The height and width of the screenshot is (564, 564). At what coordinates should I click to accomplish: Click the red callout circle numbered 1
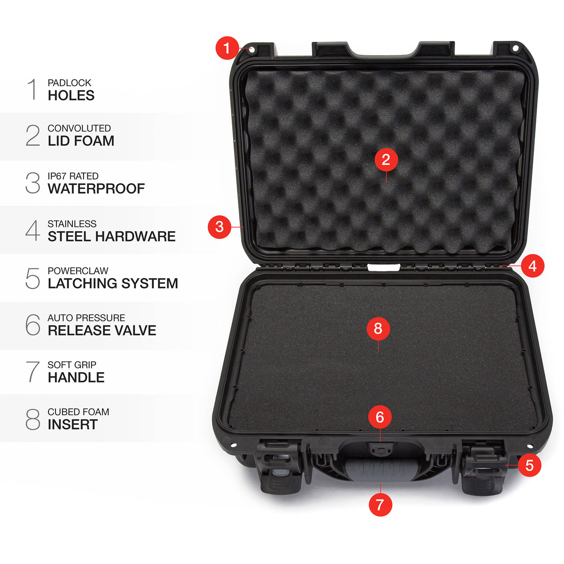coord(227,48)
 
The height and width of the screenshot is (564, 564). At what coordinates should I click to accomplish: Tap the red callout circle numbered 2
coord(386,159)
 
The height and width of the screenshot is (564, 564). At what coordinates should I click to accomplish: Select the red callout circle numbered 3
coord(219,227)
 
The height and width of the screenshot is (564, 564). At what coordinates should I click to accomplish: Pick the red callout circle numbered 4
coord(533,266)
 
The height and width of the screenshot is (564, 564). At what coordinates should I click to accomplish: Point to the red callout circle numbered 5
coord(529,465)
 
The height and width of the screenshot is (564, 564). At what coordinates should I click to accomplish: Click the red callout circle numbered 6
coord(380,417)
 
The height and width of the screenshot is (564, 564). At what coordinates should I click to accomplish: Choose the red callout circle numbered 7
coord(380,505)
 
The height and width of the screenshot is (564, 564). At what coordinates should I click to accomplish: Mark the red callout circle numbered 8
coord(378,329)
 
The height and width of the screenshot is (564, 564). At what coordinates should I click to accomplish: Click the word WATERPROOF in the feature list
coord(96,188)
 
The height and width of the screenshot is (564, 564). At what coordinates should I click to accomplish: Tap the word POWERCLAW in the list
coord(78,271)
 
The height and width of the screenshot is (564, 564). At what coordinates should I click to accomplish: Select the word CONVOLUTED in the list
coord(79,128)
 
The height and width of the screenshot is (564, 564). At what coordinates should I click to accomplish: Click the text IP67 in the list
coord(57,176)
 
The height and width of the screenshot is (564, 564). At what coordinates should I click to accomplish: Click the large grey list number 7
coord(32,372)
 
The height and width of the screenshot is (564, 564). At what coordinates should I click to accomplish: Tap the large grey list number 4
coord(32,230)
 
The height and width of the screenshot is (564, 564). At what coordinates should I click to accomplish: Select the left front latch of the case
coord(279,466)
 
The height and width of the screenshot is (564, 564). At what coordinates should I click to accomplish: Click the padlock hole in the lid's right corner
coord(516,48)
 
